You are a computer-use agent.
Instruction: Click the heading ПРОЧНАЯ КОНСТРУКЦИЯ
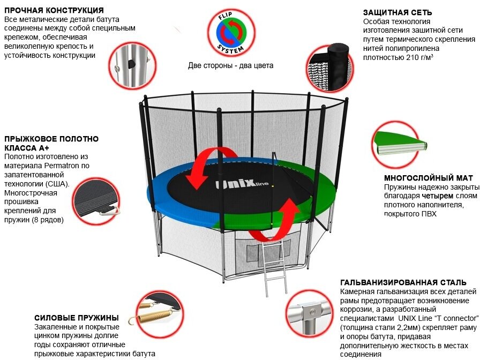point(54,10)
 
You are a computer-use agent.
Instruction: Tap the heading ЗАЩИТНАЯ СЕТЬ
point(397,12)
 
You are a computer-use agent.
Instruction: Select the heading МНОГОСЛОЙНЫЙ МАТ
point(429,178)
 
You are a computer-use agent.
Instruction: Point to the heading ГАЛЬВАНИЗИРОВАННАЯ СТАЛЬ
point(403,282)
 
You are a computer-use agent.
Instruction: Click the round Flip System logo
point(232,34)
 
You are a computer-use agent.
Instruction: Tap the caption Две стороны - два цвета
point(230,66)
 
